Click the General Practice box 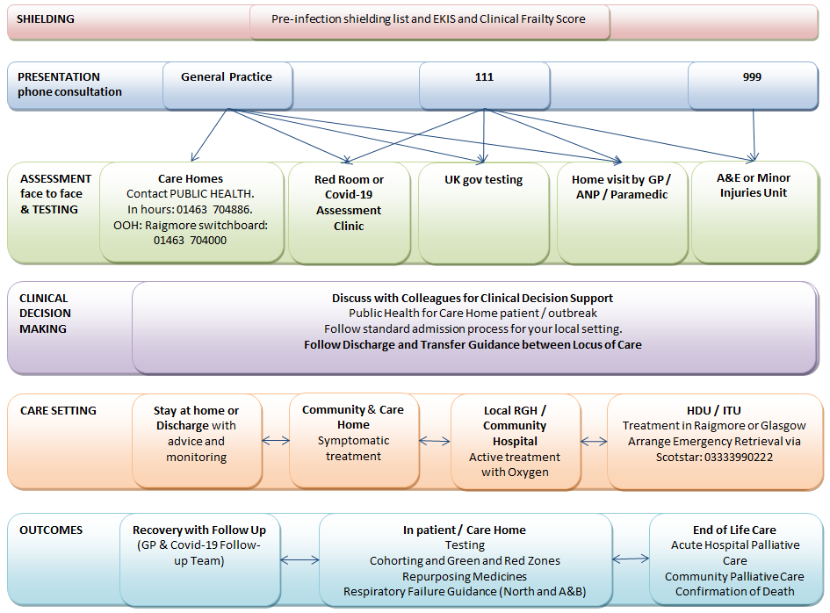[227, 85]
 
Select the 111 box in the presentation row [484, 85]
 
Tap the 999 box [752, 85]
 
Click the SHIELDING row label [46, 18]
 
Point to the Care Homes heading [191, 178]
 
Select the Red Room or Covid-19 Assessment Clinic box [349, 211]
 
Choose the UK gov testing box [483, 211]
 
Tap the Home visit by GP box [621, 211]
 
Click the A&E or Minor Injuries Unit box [754, 211]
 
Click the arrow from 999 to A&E [754, 133]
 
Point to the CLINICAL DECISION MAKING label [46, 314]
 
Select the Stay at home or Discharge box [196, 440]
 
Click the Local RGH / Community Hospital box [515, 440]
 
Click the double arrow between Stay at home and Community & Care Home [275, 441]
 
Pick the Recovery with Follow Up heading [199, 530]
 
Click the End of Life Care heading [734, 530]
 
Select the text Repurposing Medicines [465, 576]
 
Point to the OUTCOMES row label [51, 530]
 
